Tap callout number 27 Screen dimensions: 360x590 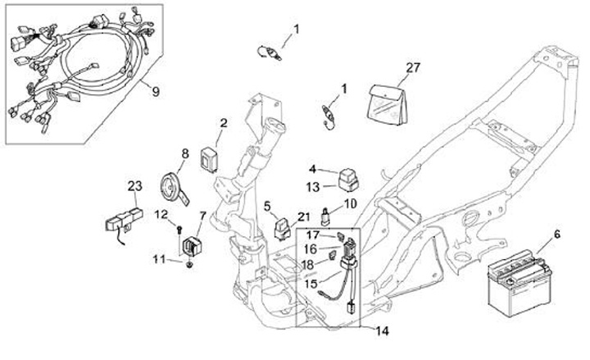[x=412, y=67]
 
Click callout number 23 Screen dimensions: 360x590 [x=134, y=185]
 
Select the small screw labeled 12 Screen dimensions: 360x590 [x=179, y=228]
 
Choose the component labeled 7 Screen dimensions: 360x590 [x=196, y=244]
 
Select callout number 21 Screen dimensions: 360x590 [x=304, y=216]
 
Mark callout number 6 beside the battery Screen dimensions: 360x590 [x=556, y=234]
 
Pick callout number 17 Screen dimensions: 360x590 [x=313, y=235]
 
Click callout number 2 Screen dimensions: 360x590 [x=222, y=124]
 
